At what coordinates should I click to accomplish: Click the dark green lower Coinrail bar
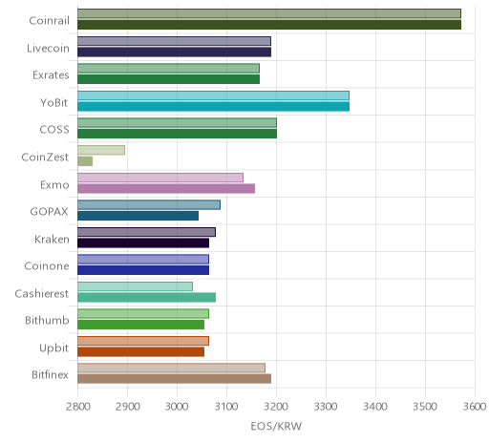pos(269,25)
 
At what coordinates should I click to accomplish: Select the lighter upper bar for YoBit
pos(213,95)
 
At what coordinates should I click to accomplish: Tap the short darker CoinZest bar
pos(85,161)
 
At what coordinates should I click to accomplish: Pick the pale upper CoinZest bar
pos(101,150)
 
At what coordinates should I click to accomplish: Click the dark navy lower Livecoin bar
pos(174,52)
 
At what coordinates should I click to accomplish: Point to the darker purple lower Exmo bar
pos(166,188)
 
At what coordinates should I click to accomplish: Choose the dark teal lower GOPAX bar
pos(138,216)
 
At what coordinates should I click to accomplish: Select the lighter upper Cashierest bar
pos(135,286)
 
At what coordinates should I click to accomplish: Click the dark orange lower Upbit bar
pos(140,352)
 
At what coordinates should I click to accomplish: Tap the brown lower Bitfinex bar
pos(174,379)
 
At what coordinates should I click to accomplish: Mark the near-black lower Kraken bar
pos(143,243)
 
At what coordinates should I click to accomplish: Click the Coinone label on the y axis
pos(47,265)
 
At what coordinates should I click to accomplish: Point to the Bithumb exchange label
pos(47,320)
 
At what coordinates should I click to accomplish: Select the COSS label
pos(54,130)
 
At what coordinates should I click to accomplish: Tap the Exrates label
pos(51,75)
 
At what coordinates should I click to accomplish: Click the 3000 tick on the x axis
pos(177,407)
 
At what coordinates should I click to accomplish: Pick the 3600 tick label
pos(475,407)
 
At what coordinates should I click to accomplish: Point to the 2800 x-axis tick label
pos(77,407)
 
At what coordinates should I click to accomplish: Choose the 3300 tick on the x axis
pos(326,407)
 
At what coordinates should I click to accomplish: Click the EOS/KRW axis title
pos(276,426)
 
